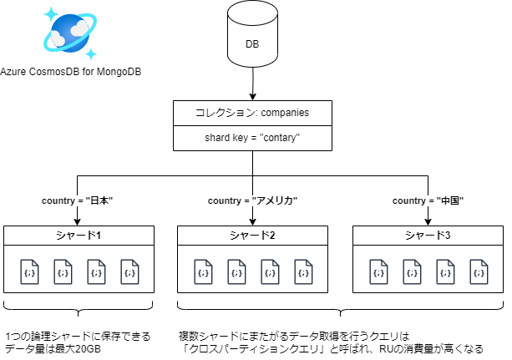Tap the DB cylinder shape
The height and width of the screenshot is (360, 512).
pos(251,40)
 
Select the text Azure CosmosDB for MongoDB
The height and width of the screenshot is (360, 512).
pos(70,73)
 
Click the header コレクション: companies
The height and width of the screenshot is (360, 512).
pos(252,112)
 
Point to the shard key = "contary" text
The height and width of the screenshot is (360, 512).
pos(252,138)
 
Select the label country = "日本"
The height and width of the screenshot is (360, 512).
pos(77,201)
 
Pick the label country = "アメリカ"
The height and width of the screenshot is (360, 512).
pos(252,201)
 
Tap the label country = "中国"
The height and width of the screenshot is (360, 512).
pos(428,201)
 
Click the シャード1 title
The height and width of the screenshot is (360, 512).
pos(78,236)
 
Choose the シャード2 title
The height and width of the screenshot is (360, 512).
pos(252,236)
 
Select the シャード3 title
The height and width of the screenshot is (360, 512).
pos(428,236)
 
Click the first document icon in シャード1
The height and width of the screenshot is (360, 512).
pos(29,271)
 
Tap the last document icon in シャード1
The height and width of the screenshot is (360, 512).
pos(129,271)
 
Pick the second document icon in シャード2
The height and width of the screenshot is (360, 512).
pos(236,271)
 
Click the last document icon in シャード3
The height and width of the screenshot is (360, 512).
pos(479,271)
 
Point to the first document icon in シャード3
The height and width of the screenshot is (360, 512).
pos(378,271)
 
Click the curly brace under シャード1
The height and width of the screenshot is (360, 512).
pos(78,311)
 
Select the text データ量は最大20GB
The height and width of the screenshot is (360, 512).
pos(52,348)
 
